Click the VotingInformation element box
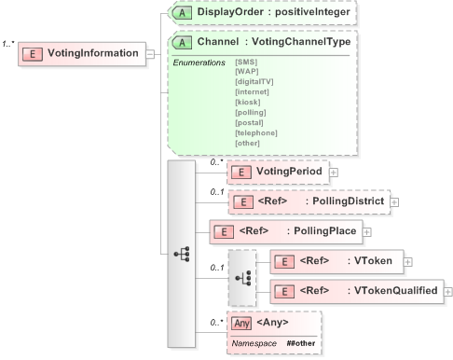tap(82, 54)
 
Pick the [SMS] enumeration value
tap(247, 62)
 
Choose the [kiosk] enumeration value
tap(249, 102)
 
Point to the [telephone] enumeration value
tap(256, 132)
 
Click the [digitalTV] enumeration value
tap(254, 81)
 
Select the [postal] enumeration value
tap(250, 122)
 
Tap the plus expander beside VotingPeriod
tap(333, 172)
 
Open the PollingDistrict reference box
tap(308, 201)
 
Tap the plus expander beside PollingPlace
tap(366, 231)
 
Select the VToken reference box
tap(336, 261)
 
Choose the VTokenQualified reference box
tap(355, 291)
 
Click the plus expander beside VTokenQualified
tap(448, 291)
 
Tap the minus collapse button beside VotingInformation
tap(149, 54)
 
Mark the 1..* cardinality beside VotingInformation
tap(11, 43)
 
